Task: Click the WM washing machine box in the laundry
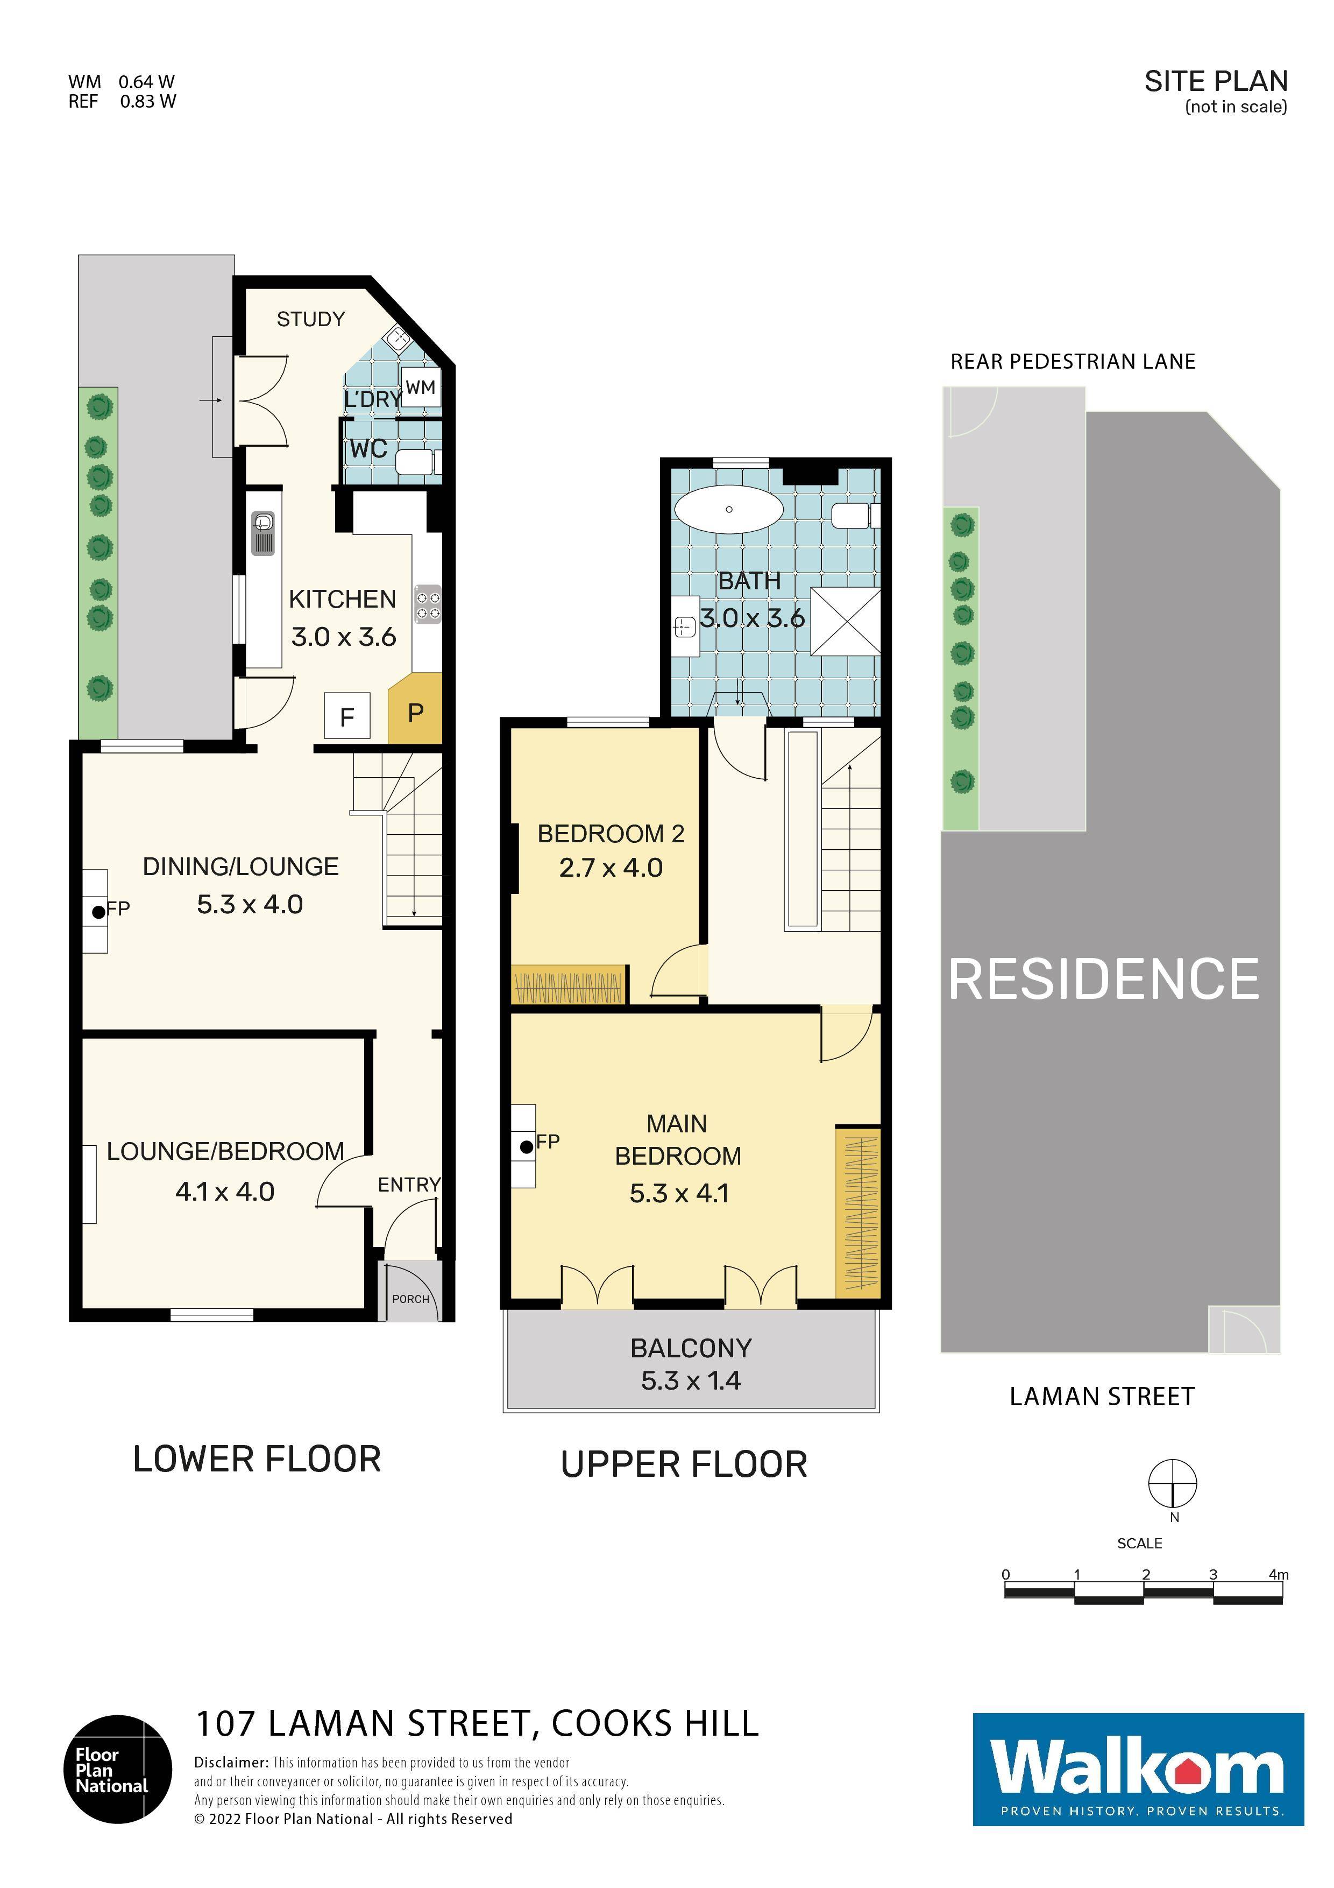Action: click(x=421, y=388)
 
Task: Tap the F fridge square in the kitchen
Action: click(x=347, y=716)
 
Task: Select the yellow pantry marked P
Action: click(x=415, y=711)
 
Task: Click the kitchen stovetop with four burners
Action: click(x=428, y=604)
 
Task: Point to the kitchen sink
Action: click(x=263, y=533)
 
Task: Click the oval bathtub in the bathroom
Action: click(x=728, y=510)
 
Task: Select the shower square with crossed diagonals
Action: click(x=846, y=621)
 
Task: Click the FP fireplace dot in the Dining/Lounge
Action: click(x=98, y=911)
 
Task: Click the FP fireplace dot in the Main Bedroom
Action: click(x=526, y=1146)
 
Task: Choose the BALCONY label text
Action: click(x=691, y=1349)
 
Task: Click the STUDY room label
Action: click(x=311, y=319)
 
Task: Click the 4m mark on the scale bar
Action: click(x=1278, y=1575)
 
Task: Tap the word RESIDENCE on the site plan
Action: click(x=1104, y=980)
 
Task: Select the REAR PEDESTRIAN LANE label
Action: click(x=1073, y=362)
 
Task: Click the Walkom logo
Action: click(x=1138, y=1770)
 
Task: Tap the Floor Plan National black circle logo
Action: click(x=118, y=1770)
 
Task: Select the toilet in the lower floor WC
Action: click(x=415, y=462)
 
